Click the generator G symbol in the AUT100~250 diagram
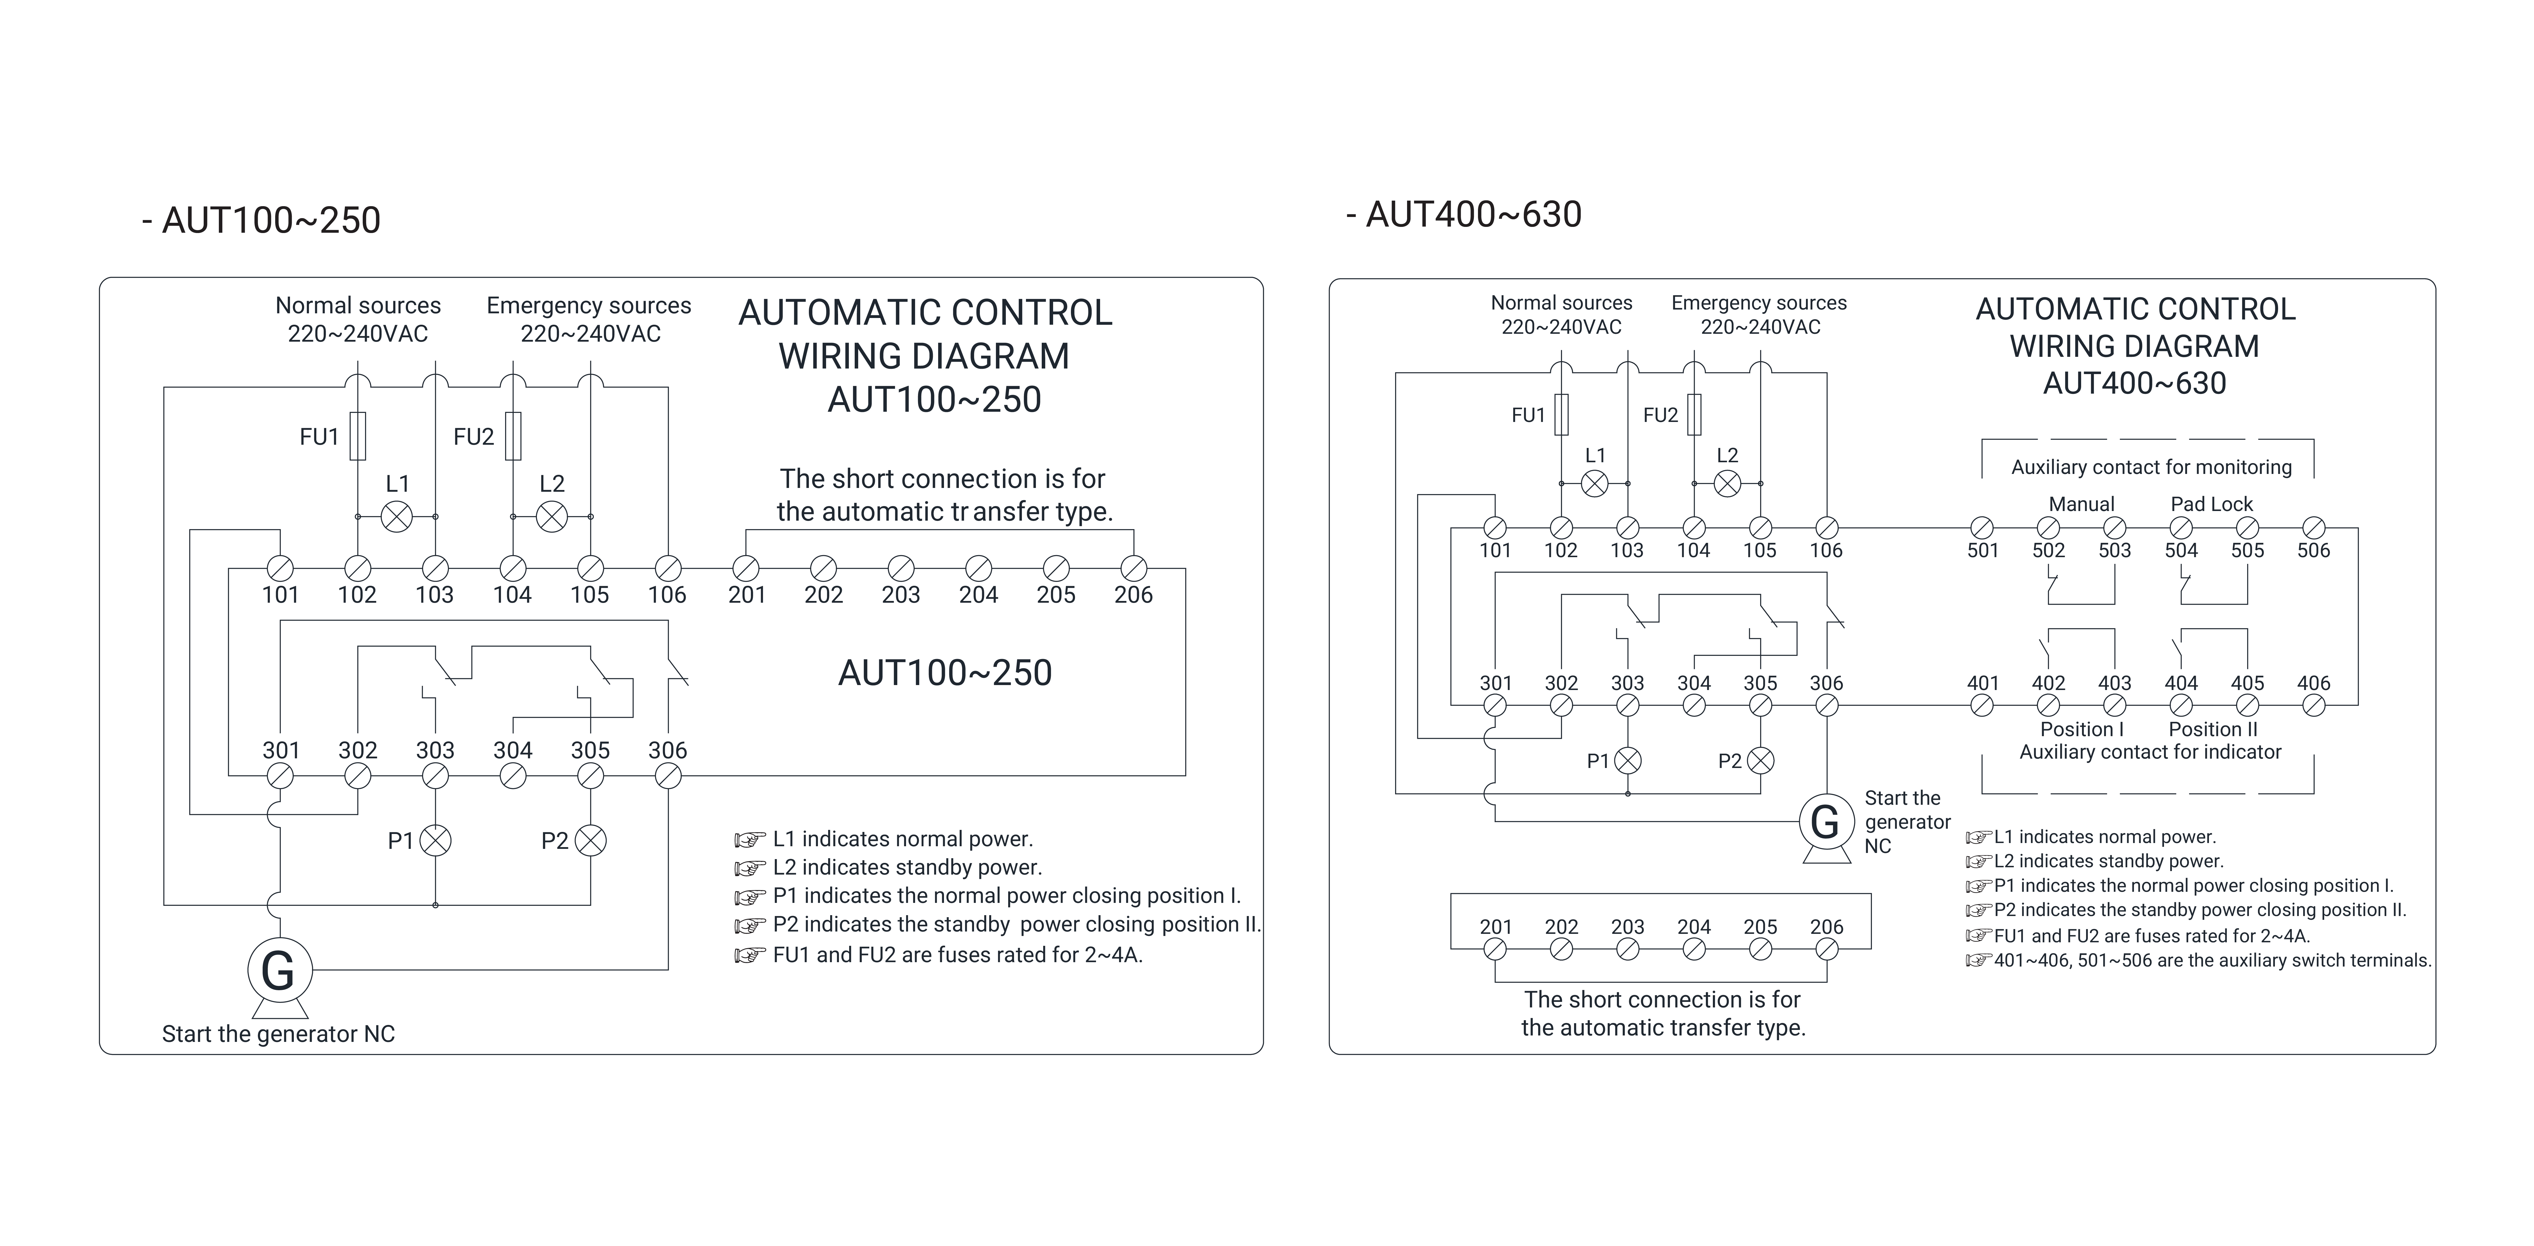point(279,970)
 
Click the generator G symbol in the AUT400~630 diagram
point(1825,821)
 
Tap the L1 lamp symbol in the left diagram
point(397,516)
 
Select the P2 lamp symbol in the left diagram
point(590,840)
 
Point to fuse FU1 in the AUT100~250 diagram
point(358,436)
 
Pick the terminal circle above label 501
point(1982,528)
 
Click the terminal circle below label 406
point(2314,705)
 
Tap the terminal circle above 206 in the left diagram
point(1133,568)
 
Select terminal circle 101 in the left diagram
point(280,568)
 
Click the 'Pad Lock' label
point(2211,504)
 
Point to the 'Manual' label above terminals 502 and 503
point(2081,504)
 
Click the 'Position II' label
point(2212,729)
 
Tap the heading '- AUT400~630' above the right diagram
point(1465,215)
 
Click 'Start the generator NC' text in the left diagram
point(278,1033)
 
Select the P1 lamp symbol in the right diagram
point(1628,760)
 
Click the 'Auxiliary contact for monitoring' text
point(2151,467)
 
